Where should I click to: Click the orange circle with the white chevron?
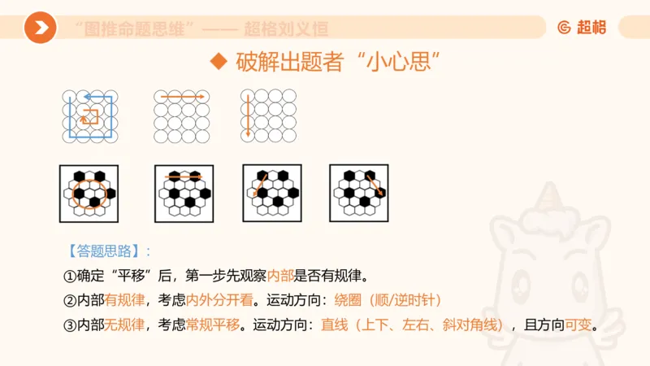[x=40, y=28]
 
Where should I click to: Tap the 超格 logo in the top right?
[x=582, y=28]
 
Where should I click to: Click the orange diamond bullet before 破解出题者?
[x=216, y=62]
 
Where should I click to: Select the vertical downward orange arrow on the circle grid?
[x=247, y=114]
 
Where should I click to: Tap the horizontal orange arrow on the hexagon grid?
[x=184, y=176]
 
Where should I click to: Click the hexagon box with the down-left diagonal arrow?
[x=272, y=194]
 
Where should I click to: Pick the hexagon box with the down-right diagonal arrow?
[x=358, y=194]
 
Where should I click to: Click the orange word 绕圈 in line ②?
[x=349, y=300]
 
